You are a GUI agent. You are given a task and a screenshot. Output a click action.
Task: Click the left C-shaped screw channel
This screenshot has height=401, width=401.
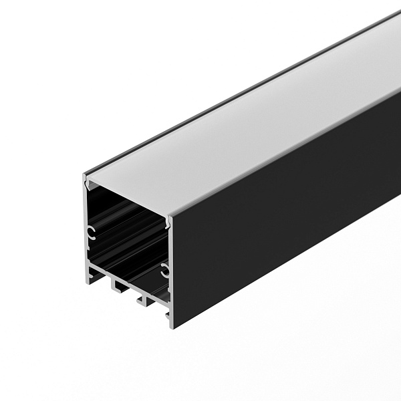(x=91, y=233)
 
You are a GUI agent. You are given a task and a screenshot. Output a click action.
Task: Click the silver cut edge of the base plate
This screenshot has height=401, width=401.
(x=127, y=280)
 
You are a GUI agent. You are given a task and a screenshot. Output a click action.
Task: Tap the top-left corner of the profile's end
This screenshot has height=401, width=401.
(x=84, y=176)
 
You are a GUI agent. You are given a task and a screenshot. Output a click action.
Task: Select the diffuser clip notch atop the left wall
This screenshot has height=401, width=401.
(x=87, y=181)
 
